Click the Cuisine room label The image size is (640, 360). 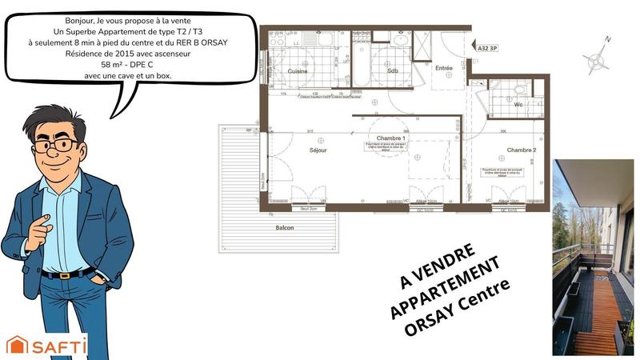[x=298, y=72]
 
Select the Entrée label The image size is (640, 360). [x=443, y=68]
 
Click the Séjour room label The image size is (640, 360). [x=318, y=150]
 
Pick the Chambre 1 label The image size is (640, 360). [x=392, y=138]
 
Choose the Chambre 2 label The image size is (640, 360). [x=521, y=150]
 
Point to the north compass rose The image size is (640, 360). [x=597, y=59]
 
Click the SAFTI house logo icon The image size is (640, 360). [x=17, y=345]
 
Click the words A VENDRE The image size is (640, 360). [x=437, y=266]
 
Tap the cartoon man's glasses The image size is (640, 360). [x=57, y=146]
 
